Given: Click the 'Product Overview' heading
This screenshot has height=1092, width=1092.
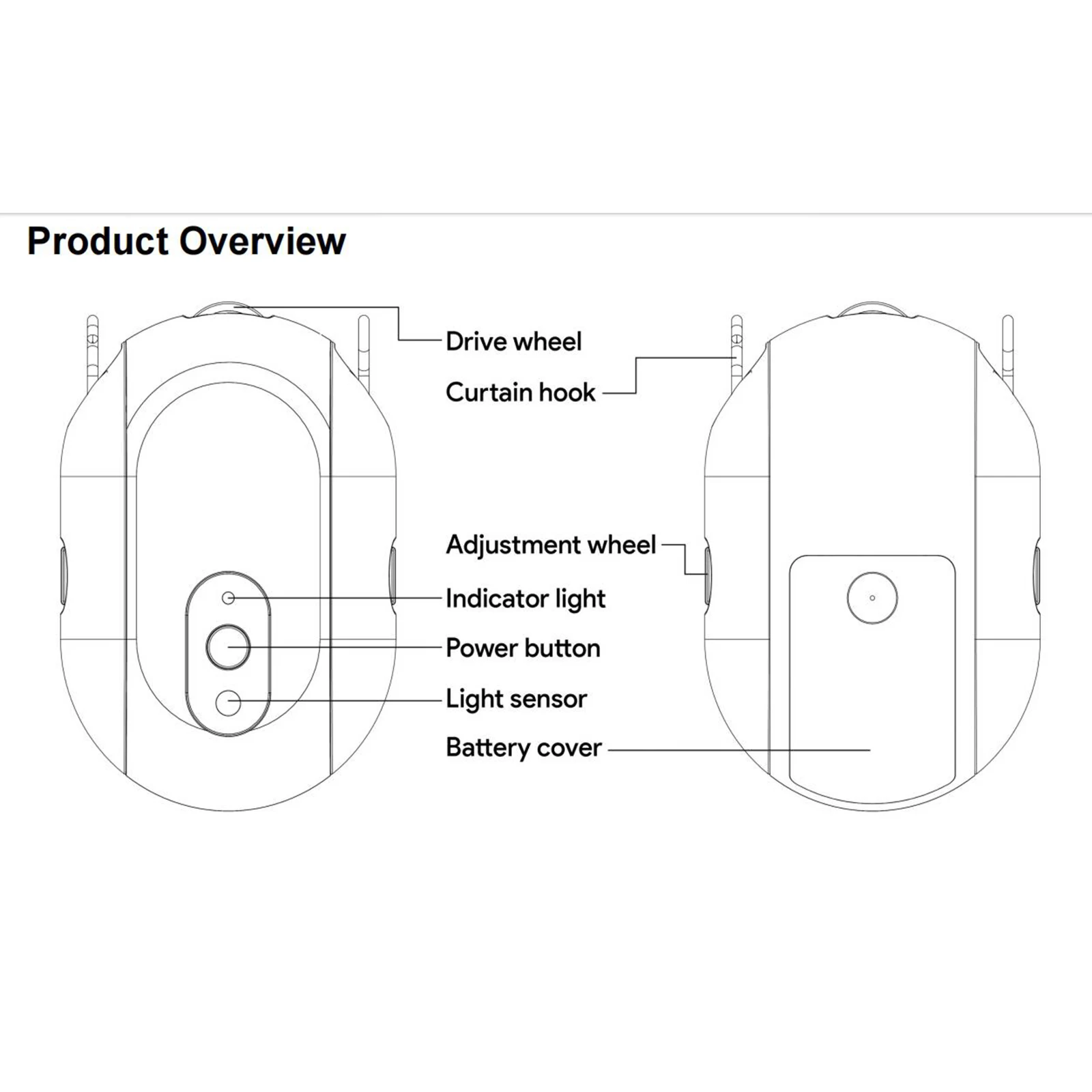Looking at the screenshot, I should click(186, 241).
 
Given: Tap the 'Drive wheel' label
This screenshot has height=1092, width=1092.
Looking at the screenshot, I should click(513, 341).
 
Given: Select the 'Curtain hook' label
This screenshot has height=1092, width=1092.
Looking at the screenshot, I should click(520, 392).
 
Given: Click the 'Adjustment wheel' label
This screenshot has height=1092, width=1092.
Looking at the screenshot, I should click(551, 545).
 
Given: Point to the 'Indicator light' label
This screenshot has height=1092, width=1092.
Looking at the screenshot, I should click(525, 599).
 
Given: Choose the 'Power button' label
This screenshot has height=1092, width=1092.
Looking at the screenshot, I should click(523, 648).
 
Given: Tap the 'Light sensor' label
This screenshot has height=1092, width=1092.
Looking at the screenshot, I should click(516, 699).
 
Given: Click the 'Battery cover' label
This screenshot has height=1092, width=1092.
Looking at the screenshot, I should click(523, 747).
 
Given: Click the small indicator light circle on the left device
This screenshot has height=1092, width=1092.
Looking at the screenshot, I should click(229, 598).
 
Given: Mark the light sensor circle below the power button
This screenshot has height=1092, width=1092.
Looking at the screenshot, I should click(228, 702).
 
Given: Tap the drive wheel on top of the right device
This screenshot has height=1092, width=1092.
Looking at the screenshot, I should click(873, 309).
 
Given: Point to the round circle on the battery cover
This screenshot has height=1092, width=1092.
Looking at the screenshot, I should click(872, 598).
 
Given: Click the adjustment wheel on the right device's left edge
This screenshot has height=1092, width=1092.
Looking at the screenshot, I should click(708, 575).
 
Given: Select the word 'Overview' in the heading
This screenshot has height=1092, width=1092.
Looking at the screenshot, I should click(263, 241).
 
